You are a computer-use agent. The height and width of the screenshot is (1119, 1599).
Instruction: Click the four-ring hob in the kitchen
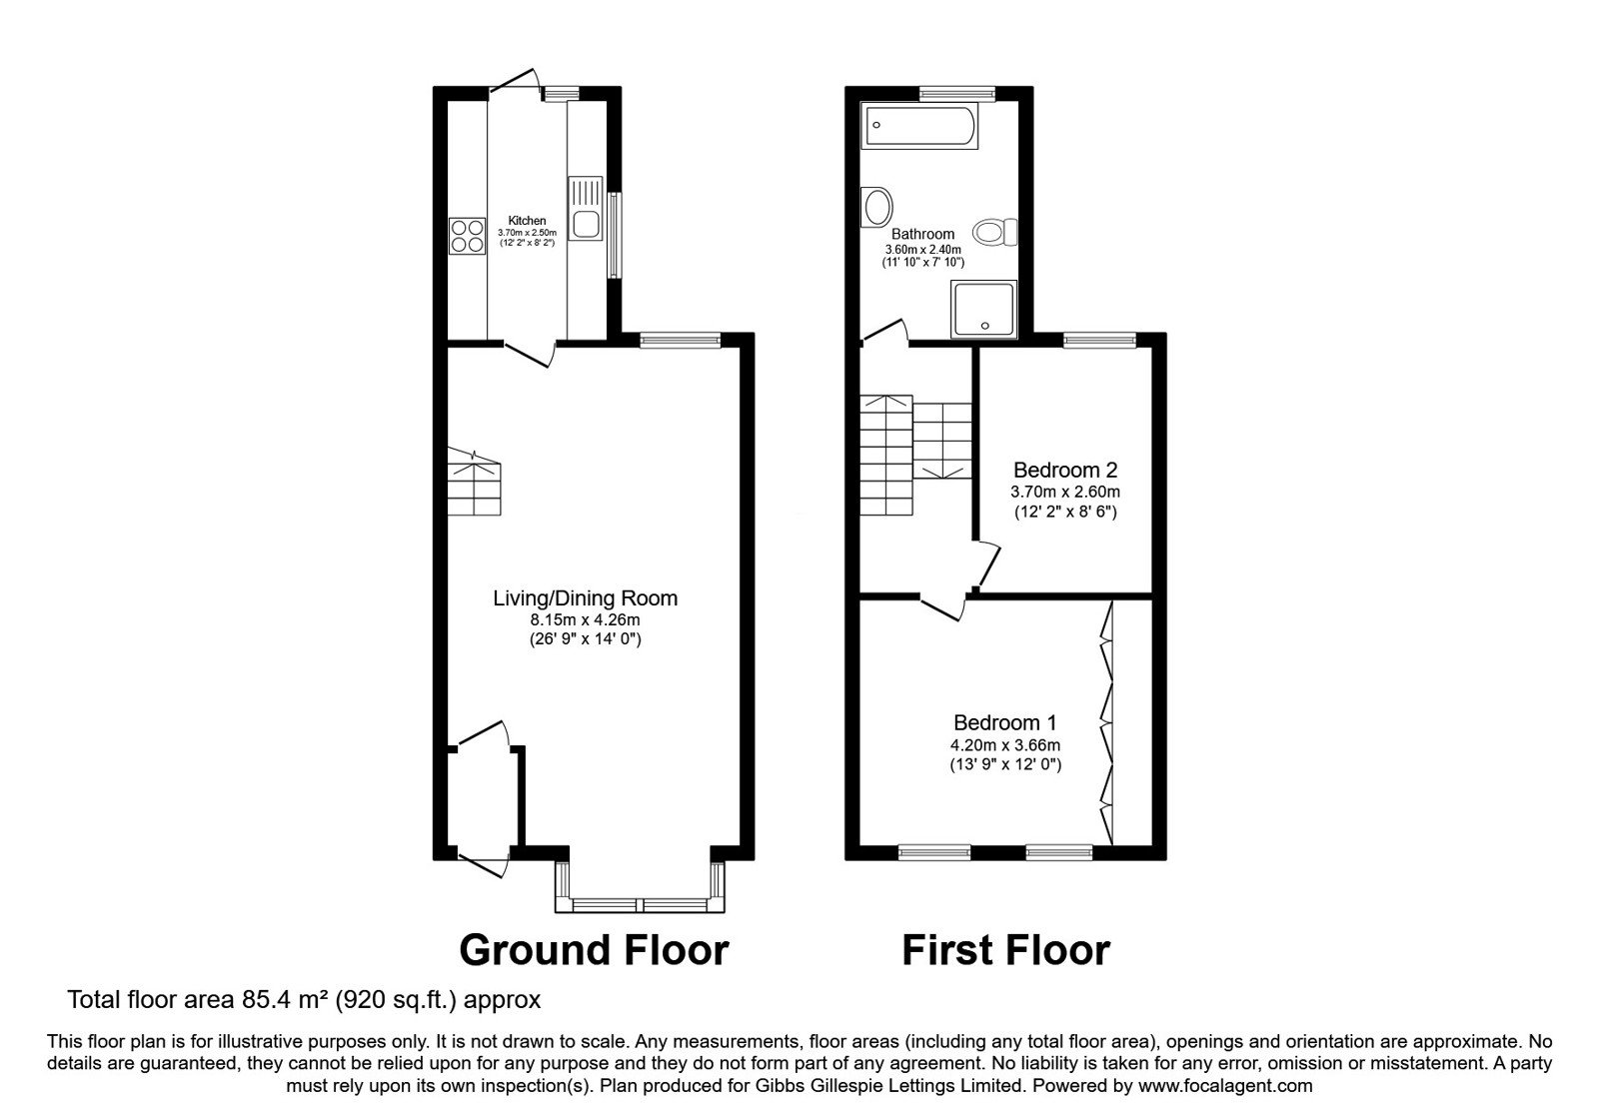[467, 236]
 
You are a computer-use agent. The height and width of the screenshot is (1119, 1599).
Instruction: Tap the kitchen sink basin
[586, 224]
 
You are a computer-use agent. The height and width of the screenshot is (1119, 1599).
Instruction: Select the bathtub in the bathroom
[919, 126]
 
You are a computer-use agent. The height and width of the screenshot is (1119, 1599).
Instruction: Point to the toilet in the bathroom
[995, 232]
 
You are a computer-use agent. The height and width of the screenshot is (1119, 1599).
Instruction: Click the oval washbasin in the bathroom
[877, 208]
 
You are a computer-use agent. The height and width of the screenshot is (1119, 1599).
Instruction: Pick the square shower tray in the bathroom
[983, 309]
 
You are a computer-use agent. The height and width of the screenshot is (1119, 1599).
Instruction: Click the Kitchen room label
[527, 221]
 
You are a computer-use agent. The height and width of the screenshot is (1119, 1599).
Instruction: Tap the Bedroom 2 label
[1065, 471]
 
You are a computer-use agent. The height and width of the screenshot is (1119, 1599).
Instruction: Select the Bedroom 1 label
[1005, 723]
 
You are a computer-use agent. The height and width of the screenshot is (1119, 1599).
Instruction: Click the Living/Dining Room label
[586, 598]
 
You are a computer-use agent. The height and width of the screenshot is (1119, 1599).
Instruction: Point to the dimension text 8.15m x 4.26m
[586, 619]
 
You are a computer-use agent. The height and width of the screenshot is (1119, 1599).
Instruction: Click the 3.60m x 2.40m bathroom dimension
[923, 250]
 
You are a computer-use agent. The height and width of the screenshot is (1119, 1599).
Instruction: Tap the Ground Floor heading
[594, 950]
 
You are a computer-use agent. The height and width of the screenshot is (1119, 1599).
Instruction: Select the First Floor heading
[1005, 950]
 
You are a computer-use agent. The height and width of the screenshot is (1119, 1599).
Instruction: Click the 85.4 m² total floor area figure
[280, 999]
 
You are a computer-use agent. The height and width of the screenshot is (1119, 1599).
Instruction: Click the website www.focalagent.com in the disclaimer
[1225, 1086]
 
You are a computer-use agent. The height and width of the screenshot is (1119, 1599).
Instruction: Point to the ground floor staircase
[474, 483]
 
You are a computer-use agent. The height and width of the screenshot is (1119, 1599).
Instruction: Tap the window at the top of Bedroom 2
[1099, 340]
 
